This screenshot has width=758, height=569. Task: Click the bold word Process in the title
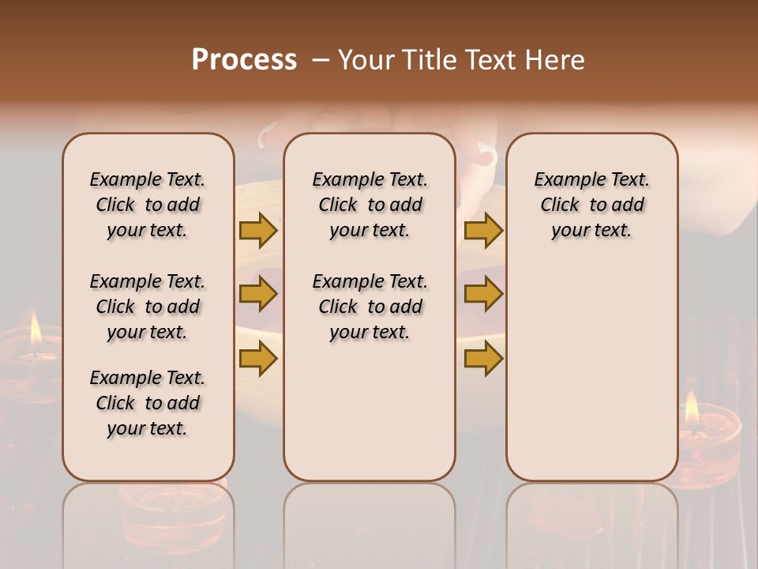click(244, 60)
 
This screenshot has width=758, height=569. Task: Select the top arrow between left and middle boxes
click(258, 230)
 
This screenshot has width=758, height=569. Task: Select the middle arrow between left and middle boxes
click(258, 294)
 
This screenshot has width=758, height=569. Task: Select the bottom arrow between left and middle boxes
click(258, 358)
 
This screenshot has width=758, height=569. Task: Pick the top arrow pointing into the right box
click(483, 230)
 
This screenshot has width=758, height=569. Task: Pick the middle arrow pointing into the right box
click(483, 294)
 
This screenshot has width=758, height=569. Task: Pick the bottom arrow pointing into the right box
click(483, 358)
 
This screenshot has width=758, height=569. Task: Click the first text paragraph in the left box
click(148, 205)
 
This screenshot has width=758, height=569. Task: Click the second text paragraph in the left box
click(148, 307)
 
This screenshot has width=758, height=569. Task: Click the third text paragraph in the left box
click(148, 403)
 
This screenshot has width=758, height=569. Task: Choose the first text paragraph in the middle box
click(370, 205)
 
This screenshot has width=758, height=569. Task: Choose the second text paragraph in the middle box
click(370, 307)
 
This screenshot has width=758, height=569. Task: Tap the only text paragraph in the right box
click(592, 205)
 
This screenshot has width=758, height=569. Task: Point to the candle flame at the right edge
click(692, 407)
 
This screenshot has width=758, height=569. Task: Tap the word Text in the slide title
click(486, 60)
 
